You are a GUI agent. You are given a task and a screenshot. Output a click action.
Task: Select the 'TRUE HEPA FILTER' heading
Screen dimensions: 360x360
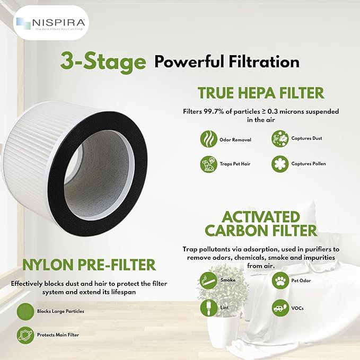[260, 93]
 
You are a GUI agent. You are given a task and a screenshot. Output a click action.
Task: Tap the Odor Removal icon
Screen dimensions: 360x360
[208, 139]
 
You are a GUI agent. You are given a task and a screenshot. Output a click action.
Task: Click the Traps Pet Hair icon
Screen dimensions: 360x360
[208, 164]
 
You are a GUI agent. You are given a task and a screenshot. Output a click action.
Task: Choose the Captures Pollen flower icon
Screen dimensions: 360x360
[279, 164]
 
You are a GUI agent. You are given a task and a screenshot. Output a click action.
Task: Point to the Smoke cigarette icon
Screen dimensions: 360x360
[208, 279]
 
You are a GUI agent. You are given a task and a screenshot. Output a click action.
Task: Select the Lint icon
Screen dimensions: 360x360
[208, 308]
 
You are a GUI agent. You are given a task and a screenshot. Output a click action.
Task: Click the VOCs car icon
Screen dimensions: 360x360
[280, 308]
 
